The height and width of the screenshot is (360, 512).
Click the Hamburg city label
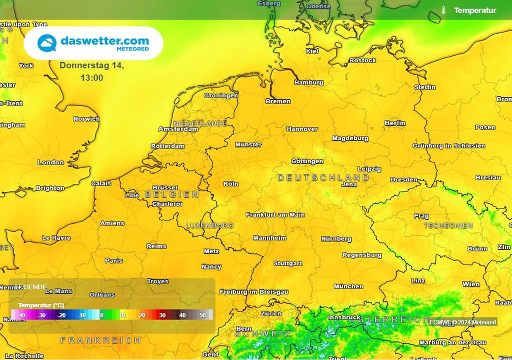[308, 82]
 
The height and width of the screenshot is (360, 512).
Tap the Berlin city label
[394, 123]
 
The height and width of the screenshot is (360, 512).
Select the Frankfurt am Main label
[275, 215]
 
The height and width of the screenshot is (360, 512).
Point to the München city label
[348, 286]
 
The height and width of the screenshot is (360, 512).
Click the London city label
[50, 162]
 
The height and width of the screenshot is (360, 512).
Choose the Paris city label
[113, 260]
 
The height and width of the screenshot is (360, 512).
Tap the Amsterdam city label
[178, 129]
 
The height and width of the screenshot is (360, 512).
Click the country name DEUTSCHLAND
[323, 177]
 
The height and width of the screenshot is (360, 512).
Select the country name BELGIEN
[171, 194]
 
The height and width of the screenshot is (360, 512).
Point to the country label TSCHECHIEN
[448, 225]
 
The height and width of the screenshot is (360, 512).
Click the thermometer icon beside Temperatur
[443, 10]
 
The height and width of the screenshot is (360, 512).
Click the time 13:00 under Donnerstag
[91, 78]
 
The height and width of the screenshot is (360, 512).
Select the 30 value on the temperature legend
[162, 315]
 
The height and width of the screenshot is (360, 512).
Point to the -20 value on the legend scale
[61, 315]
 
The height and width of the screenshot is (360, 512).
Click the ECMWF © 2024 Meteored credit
[462, 322]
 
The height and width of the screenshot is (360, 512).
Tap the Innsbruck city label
[344, 317]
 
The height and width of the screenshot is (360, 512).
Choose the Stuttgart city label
[287, 263]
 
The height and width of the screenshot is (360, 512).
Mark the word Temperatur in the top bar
[475, 10]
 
